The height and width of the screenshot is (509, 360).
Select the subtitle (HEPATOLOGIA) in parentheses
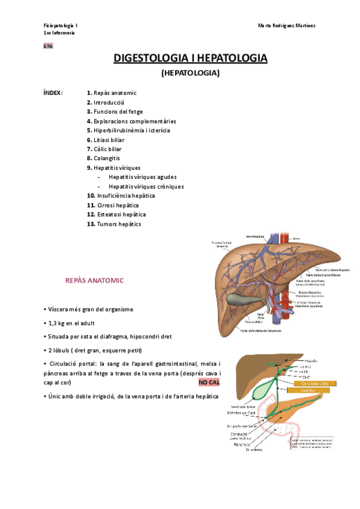pyautogui.click(x=191, y=73)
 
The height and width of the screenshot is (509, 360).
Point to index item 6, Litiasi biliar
pyautogui.click(x=111, y=139)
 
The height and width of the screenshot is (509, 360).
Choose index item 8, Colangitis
pyautogui.click(x=107, y=158)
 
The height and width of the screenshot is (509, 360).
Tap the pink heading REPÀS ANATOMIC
pyautogui.click(x=94, y=280)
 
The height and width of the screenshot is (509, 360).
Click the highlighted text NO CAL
pyautogui.click(x=209, y=382)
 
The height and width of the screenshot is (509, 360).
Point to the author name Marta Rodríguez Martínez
pyautogui.click(x=287, y=25)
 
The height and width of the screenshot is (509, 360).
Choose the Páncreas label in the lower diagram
pyautogui.click(x=238, y=445)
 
